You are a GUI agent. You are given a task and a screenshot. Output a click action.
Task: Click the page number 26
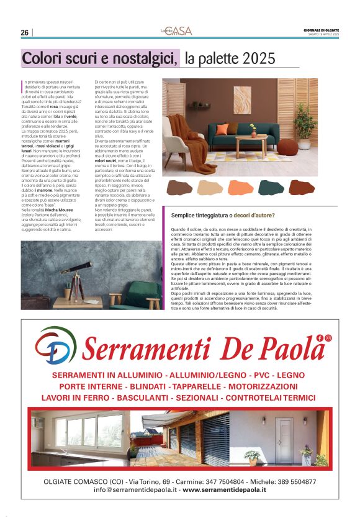[x=24, y=32]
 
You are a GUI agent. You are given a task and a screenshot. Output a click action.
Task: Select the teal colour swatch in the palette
[x=271, y=187]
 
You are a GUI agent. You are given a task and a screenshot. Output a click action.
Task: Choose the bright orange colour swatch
[x=240, y=187]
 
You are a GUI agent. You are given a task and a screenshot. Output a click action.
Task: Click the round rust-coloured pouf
[x=287, y=147]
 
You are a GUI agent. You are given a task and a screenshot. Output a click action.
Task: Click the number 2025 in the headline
[x=259, y=59]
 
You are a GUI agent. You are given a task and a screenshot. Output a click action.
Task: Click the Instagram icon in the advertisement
[x=328, y=337]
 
